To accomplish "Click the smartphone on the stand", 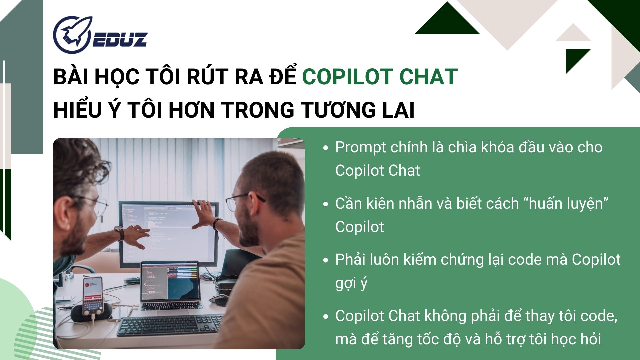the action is tap(93, 296).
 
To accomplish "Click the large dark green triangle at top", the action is tap(447, 21).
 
